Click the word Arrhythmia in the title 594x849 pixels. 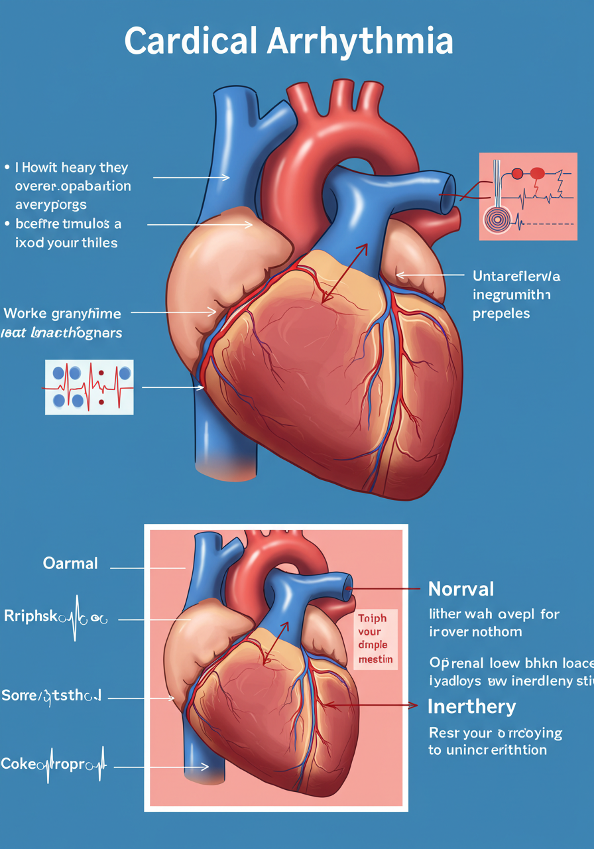361,41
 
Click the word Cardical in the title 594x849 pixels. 190,41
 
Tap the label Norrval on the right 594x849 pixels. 461,588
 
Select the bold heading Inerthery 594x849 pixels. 471,706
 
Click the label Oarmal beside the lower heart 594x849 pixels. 70,564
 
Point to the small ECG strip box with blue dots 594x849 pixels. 89,387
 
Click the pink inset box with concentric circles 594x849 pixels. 528,196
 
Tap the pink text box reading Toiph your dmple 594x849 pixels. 375,638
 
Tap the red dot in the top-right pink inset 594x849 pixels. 536,174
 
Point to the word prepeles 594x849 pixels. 501,313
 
